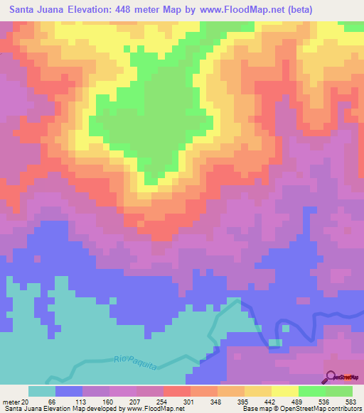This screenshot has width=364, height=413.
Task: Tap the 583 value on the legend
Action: point(349,401)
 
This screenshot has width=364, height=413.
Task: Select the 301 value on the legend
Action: point(188,401)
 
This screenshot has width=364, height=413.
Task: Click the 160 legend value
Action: point(108,401)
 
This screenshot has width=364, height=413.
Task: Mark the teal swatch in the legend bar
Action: point(42,391)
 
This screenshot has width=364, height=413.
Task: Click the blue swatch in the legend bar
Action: point(69,391)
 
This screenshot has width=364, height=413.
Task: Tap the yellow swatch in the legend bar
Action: point(284,391)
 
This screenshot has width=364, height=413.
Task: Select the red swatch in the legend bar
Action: point(176,391)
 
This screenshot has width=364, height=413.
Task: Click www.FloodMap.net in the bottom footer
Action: point(149,409)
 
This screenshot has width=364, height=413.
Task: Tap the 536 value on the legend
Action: point(323,401)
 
